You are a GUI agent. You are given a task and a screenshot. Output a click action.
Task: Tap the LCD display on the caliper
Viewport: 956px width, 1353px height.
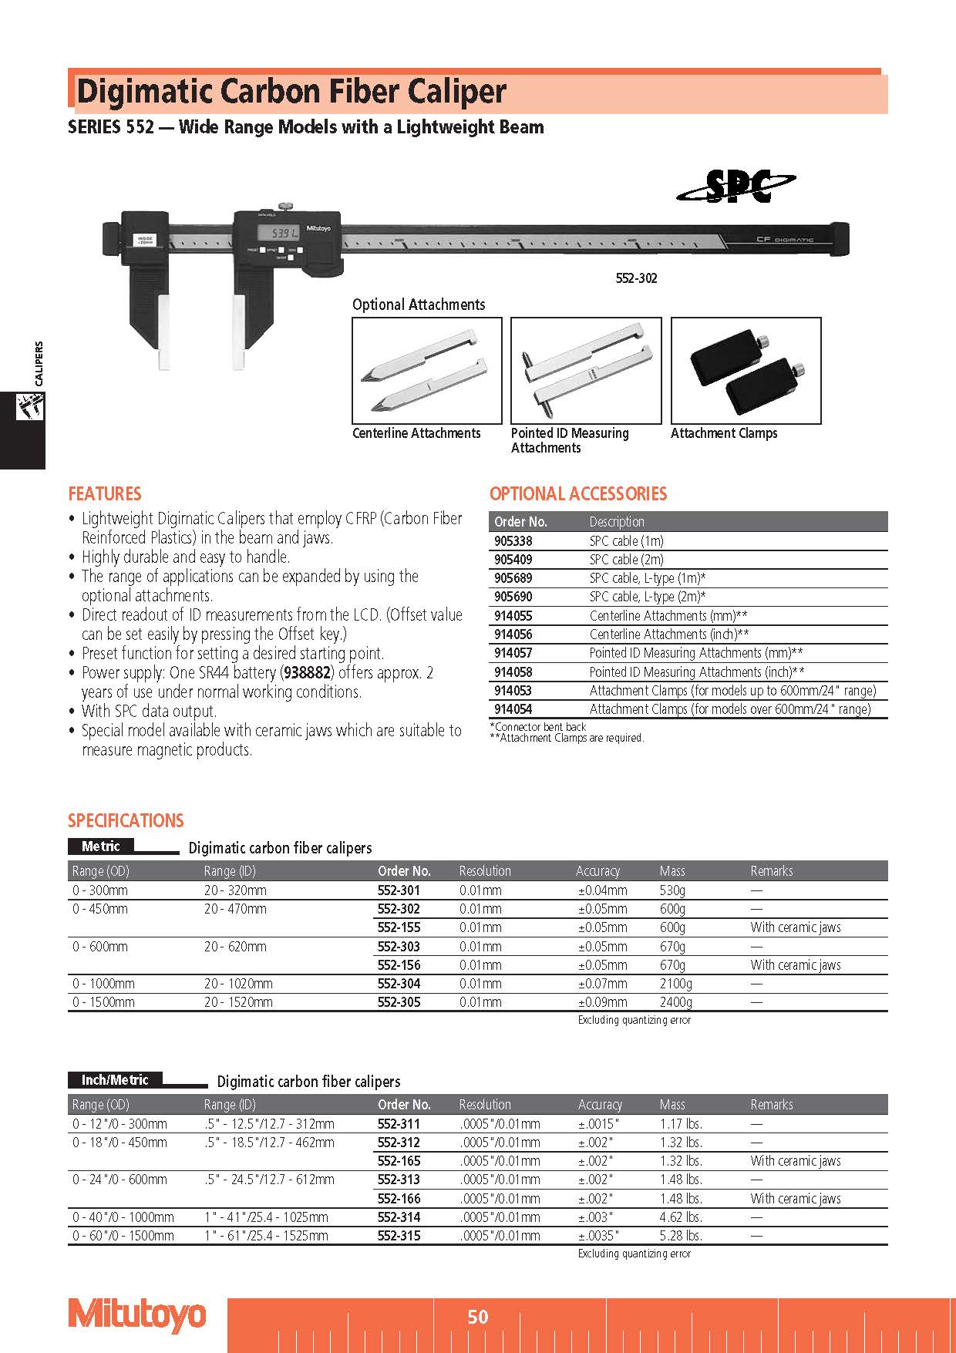(x=274, y=232)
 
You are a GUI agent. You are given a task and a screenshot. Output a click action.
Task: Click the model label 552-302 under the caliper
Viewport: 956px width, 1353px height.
(x=636, y=278)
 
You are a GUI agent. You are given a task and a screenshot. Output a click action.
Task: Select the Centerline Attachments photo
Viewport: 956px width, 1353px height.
(x=426, y=370)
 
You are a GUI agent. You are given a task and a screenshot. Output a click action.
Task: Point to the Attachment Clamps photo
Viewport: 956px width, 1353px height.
(x=746, y=370)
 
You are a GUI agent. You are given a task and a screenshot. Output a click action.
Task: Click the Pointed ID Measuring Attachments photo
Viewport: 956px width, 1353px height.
(x=586, y=370)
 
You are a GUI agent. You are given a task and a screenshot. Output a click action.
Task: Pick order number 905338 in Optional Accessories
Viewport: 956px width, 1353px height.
(x=513, y=541)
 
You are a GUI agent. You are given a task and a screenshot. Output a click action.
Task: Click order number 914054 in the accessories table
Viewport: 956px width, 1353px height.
(x=513, y=709)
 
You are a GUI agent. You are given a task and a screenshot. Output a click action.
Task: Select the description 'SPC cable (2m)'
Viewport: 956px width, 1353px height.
(x=626, y=560)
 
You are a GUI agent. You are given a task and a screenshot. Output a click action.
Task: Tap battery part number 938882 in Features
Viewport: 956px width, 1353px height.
(x=307, y=673)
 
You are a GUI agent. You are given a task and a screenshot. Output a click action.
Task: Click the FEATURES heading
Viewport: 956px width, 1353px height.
(x=105, y=493)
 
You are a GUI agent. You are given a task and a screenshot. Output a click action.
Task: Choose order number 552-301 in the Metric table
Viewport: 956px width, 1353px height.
(x=399, y=890)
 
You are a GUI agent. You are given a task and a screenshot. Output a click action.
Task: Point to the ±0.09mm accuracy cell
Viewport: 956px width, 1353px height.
(x=603, y=1002)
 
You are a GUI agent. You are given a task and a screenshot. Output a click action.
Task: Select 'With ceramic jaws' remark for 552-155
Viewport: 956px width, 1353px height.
(x=796, y=927)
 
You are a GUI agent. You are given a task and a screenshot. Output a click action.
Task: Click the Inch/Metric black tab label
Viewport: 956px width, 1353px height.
(x=115, y=1080)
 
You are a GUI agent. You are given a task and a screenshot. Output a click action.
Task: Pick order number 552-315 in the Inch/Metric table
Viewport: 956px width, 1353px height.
(x=399, y=1236)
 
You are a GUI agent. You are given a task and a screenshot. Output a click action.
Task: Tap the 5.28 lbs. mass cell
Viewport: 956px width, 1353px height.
(x=681, y=1236)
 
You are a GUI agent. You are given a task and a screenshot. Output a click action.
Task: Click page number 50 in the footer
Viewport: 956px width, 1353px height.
(x=478, y=1317)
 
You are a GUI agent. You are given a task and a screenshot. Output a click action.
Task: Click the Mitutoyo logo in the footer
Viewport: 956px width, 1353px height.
(x=137, y=1315)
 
